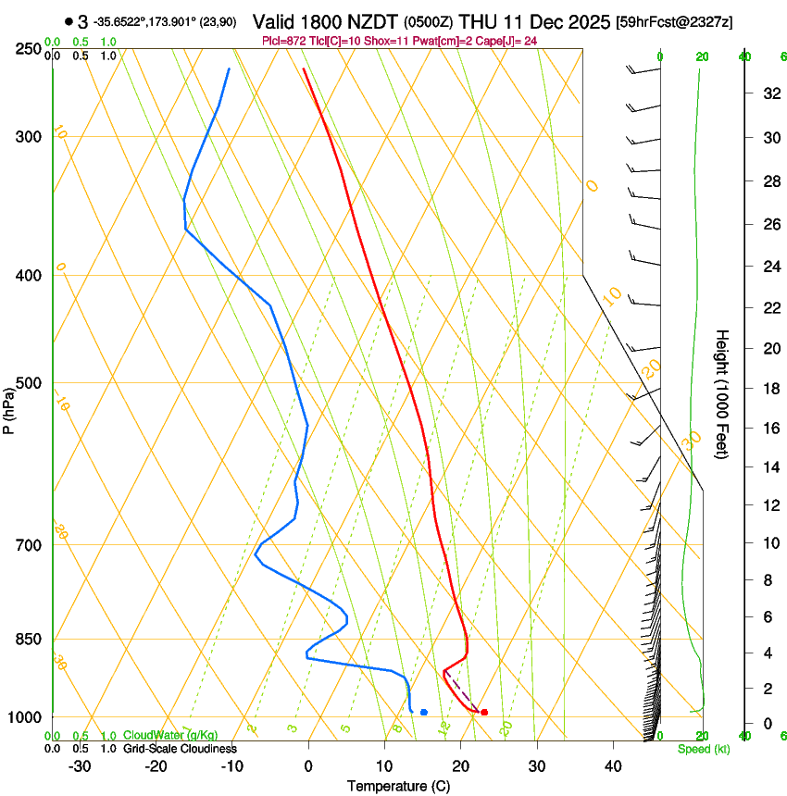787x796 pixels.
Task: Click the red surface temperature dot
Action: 484,712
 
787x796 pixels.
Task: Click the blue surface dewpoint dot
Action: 423,712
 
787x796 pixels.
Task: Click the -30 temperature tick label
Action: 80,766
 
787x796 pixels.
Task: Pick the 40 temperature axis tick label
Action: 613,766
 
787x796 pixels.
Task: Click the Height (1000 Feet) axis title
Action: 722,394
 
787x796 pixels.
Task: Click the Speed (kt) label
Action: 703,749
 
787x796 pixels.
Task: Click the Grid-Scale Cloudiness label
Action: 180,749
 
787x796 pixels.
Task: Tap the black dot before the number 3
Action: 69,20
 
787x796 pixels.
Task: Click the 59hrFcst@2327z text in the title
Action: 675,21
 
